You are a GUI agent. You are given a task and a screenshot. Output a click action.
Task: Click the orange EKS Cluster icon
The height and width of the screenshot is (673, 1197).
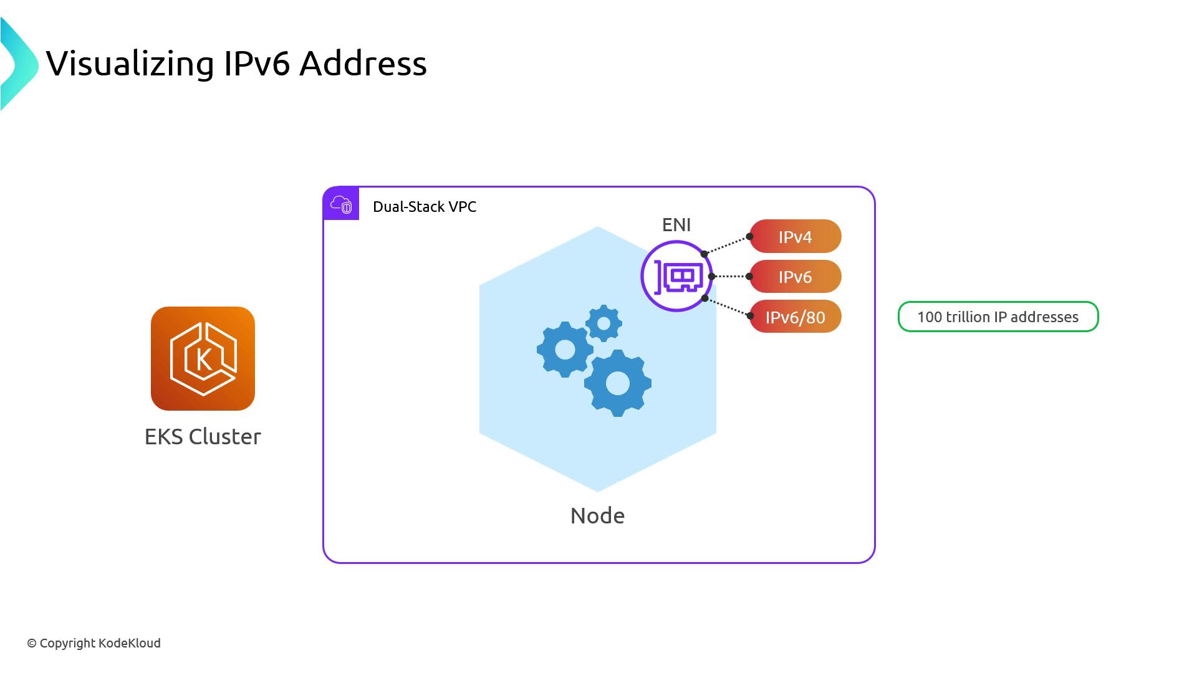tap(203, 358)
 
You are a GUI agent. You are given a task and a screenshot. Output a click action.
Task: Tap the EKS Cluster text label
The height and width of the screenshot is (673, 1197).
tap(203, 437)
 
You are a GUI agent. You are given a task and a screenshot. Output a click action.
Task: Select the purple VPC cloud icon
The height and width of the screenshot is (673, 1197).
tap(341, 204)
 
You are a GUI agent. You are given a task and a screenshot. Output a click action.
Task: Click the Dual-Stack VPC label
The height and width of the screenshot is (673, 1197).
tap(424, 207)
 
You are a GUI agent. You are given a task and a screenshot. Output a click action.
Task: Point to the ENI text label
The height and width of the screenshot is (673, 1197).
tap(676, 225)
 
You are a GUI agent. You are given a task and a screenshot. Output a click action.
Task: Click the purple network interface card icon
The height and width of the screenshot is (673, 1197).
tap(677, 276)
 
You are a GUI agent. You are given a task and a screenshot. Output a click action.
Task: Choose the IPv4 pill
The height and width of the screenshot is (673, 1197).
tap(795, 237)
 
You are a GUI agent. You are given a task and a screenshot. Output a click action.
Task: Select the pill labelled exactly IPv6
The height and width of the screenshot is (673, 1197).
tap(795, 277)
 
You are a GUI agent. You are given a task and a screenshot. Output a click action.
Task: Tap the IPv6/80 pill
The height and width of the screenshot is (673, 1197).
tap(795, 317)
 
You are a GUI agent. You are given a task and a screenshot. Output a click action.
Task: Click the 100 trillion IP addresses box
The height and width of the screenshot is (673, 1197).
tap(997, 317)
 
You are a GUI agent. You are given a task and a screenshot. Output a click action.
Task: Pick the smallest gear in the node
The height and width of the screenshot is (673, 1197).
tap(603, 323)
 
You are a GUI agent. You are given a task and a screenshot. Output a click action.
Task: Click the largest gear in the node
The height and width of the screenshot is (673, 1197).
tap(618, 383)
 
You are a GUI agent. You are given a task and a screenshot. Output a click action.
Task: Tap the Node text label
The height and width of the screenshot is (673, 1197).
tap(597, 516)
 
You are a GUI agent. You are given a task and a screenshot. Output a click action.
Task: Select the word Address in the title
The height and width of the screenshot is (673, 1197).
tap(363, 64)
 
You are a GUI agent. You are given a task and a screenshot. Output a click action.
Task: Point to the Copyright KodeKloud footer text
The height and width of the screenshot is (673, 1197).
tap(94, 643)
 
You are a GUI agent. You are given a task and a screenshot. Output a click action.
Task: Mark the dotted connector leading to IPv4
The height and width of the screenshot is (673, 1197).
tap(727, 245)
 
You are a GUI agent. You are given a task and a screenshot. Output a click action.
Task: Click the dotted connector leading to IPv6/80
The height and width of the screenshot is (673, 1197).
tap(728, 307)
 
